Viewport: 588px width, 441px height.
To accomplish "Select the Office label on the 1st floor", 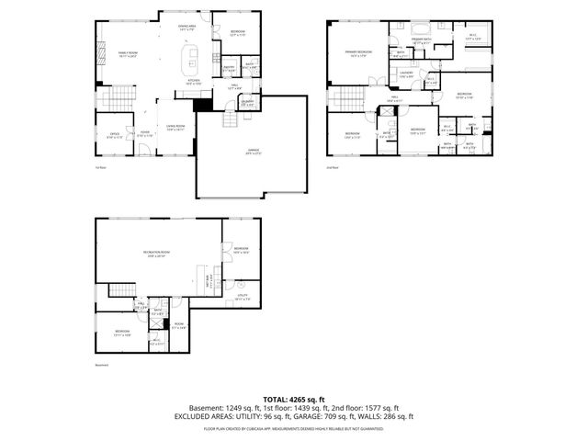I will tap(116, 135).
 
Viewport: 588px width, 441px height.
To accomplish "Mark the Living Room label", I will tap(175, 127).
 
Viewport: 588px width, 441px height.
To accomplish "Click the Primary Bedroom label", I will tap(358, 52).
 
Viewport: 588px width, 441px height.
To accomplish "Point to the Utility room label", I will tap(242, 297).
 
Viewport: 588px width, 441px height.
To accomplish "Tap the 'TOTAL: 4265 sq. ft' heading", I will tap(293, 399).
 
